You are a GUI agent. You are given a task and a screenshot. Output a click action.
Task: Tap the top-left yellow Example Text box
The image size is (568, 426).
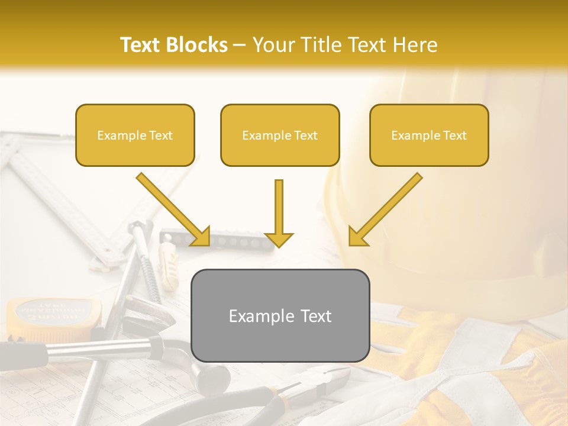pos(135,135)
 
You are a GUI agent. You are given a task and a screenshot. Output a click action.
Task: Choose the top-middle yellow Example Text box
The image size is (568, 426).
pos(280,135)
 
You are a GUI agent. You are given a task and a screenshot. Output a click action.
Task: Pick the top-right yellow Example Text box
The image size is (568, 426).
pos(429,135)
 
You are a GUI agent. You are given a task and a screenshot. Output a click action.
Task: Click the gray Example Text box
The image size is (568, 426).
pos(280,316)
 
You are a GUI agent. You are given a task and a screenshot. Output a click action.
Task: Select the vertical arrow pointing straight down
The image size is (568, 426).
pos(279,213)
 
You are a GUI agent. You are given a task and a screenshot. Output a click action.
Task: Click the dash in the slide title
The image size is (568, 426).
pos(240,45)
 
